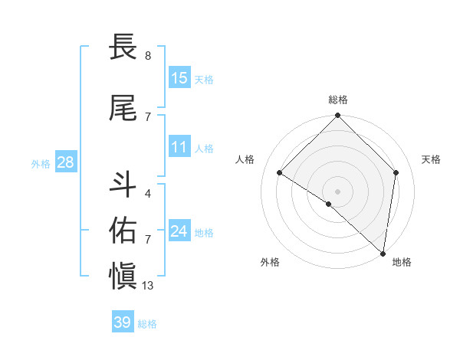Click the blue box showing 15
[179, 77]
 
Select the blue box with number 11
[179, 147]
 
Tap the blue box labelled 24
[179, 231]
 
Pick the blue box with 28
[64, 162]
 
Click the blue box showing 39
[123, 322]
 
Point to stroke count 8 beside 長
[148, 56]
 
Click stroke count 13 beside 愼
[148, 286]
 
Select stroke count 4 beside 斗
[148, 194]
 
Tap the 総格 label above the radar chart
[337, 100]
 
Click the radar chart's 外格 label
[270, 262]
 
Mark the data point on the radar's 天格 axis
[396, 172]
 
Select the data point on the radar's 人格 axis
[280, 173]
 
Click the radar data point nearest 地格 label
[383, 254]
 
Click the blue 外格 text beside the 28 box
[41, 163]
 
